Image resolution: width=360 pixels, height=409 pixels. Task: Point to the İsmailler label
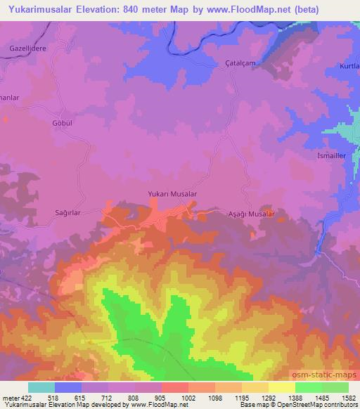(x=332, y=156)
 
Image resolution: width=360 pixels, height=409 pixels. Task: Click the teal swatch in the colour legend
(x=41, y=387)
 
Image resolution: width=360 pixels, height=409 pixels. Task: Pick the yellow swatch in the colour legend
(x=282, y=387)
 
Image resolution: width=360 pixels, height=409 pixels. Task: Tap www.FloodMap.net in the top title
(x=239, y=10)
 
